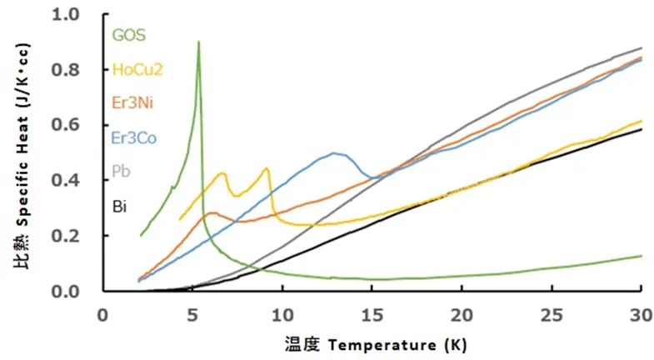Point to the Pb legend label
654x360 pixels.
tap(119, 171)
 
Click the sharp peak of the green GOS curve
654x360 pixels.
tap(198, 42)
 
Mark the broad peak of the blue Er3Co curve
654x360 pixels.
tap(334, 153)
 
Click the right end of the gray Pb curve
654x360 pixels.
tap(641, 48)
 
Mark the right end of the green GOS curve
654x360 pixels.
tap(641, 256)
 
